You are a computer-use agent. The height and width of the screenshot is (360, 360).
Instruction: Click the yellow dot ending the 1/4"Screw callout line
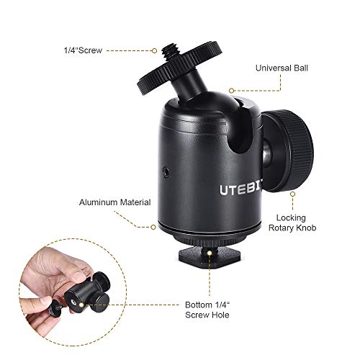point(153,50)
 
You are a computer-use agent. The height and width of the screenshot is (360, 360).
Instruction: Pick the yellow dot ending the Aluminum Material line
point(153,225)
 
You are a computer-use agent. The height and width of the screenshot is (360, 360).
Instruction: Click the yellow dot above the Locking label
point(292,193)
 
